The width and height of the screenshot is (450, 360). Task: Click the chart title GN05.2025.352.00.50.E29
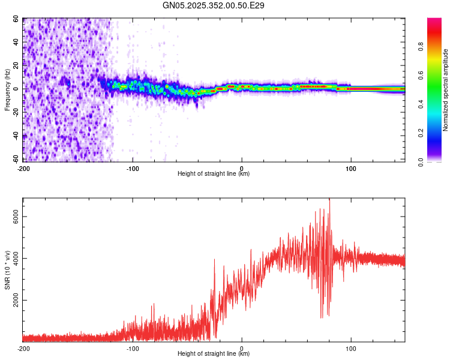pyautogui.click(x=214, y=5)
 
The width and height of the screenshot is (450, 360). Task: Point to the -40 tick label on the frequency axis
pyautogui.click(x=15, y=136)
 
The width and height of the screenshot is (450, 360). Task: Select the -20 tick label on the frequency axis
pyautogui.click(x=15, y=112)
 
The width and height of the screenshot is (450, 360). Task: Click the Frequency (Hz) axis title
pyautogui.click(x=7, y=90)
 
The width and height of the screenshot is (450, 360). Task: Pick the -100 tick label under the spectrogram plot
pyautogui.click(x=133, y=168)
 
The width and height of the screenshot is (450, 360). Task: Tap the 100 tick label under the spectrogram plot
pyautogui.click(x=351, y=168)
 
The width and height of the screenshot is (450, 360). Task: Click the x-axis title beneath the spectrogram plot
pyautogui.click(x=214, y=174)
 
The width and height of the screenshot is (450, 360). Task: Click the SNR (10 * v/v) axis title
pyautogui.click(x=7, y=270)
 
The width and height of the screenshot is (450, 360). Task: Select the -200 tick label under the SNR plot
pyautogui.click(x=23, y=348)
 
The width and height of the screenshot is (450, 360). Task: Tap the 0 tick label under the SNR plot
pyautogui.click(x=242, y=348)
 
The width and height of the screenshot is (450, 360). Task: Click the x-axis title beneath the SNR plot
pyautogui.click(x=214, y=354)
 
